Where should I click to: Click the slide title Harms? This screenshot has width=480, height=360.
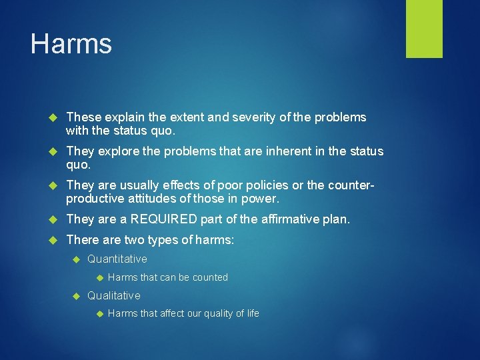click(71, 44)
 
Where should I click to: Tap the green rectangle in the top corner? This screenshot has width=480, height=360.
click(424, 29)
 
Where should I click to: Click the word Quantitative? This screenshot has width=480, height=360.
click(117, 259)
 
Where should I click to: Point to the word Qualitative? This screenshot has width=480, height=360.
click(114, 295)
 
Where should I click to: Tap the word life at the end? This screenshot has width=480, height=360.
click(253, 313)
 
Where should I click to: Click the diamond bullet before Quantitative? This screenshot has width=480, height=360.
click(77, 259)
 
